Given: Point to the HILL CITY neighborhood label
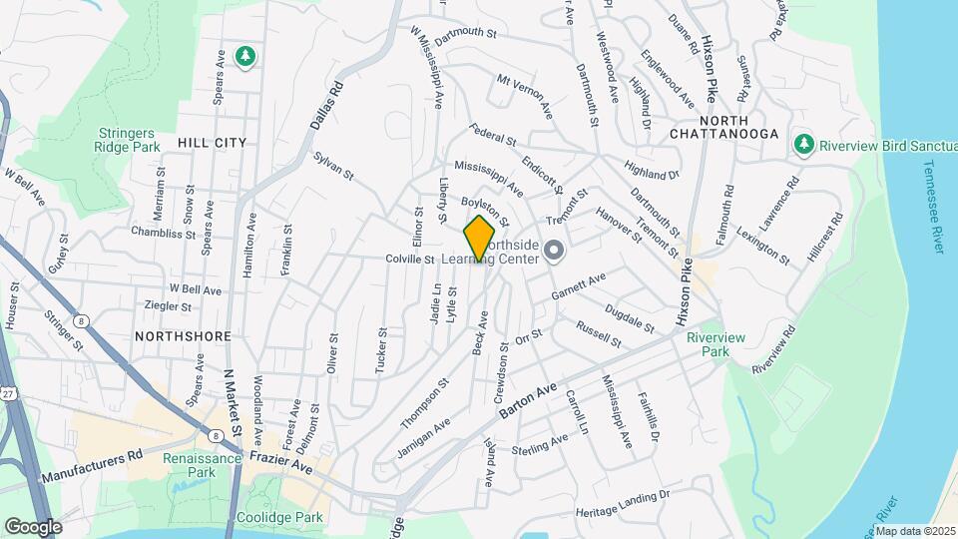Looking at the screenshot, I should [212, 143].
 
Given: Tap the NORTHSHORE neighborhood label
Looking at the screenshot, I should [183, 336].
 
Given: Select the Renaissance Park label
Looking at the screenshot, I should [204, 466].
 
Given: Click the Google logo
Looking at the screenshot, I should [33, 526].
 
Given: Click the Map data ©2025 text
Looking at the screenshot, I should [914, 531].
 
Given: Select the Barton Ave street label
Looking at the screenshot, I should [532, 400].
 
